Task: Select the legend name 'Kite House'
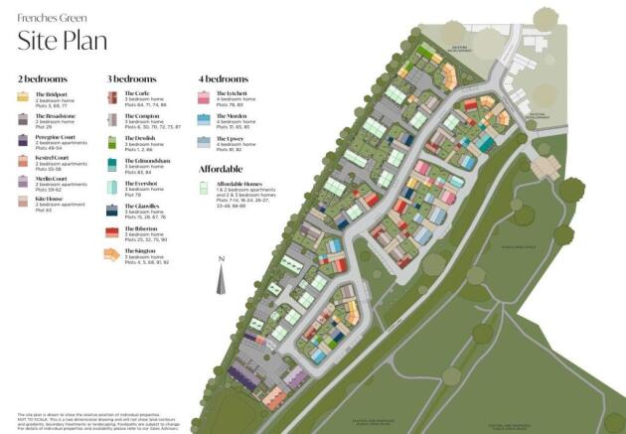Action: coord(50,198)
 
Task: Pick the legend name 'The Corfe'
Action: coord(137,94)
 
